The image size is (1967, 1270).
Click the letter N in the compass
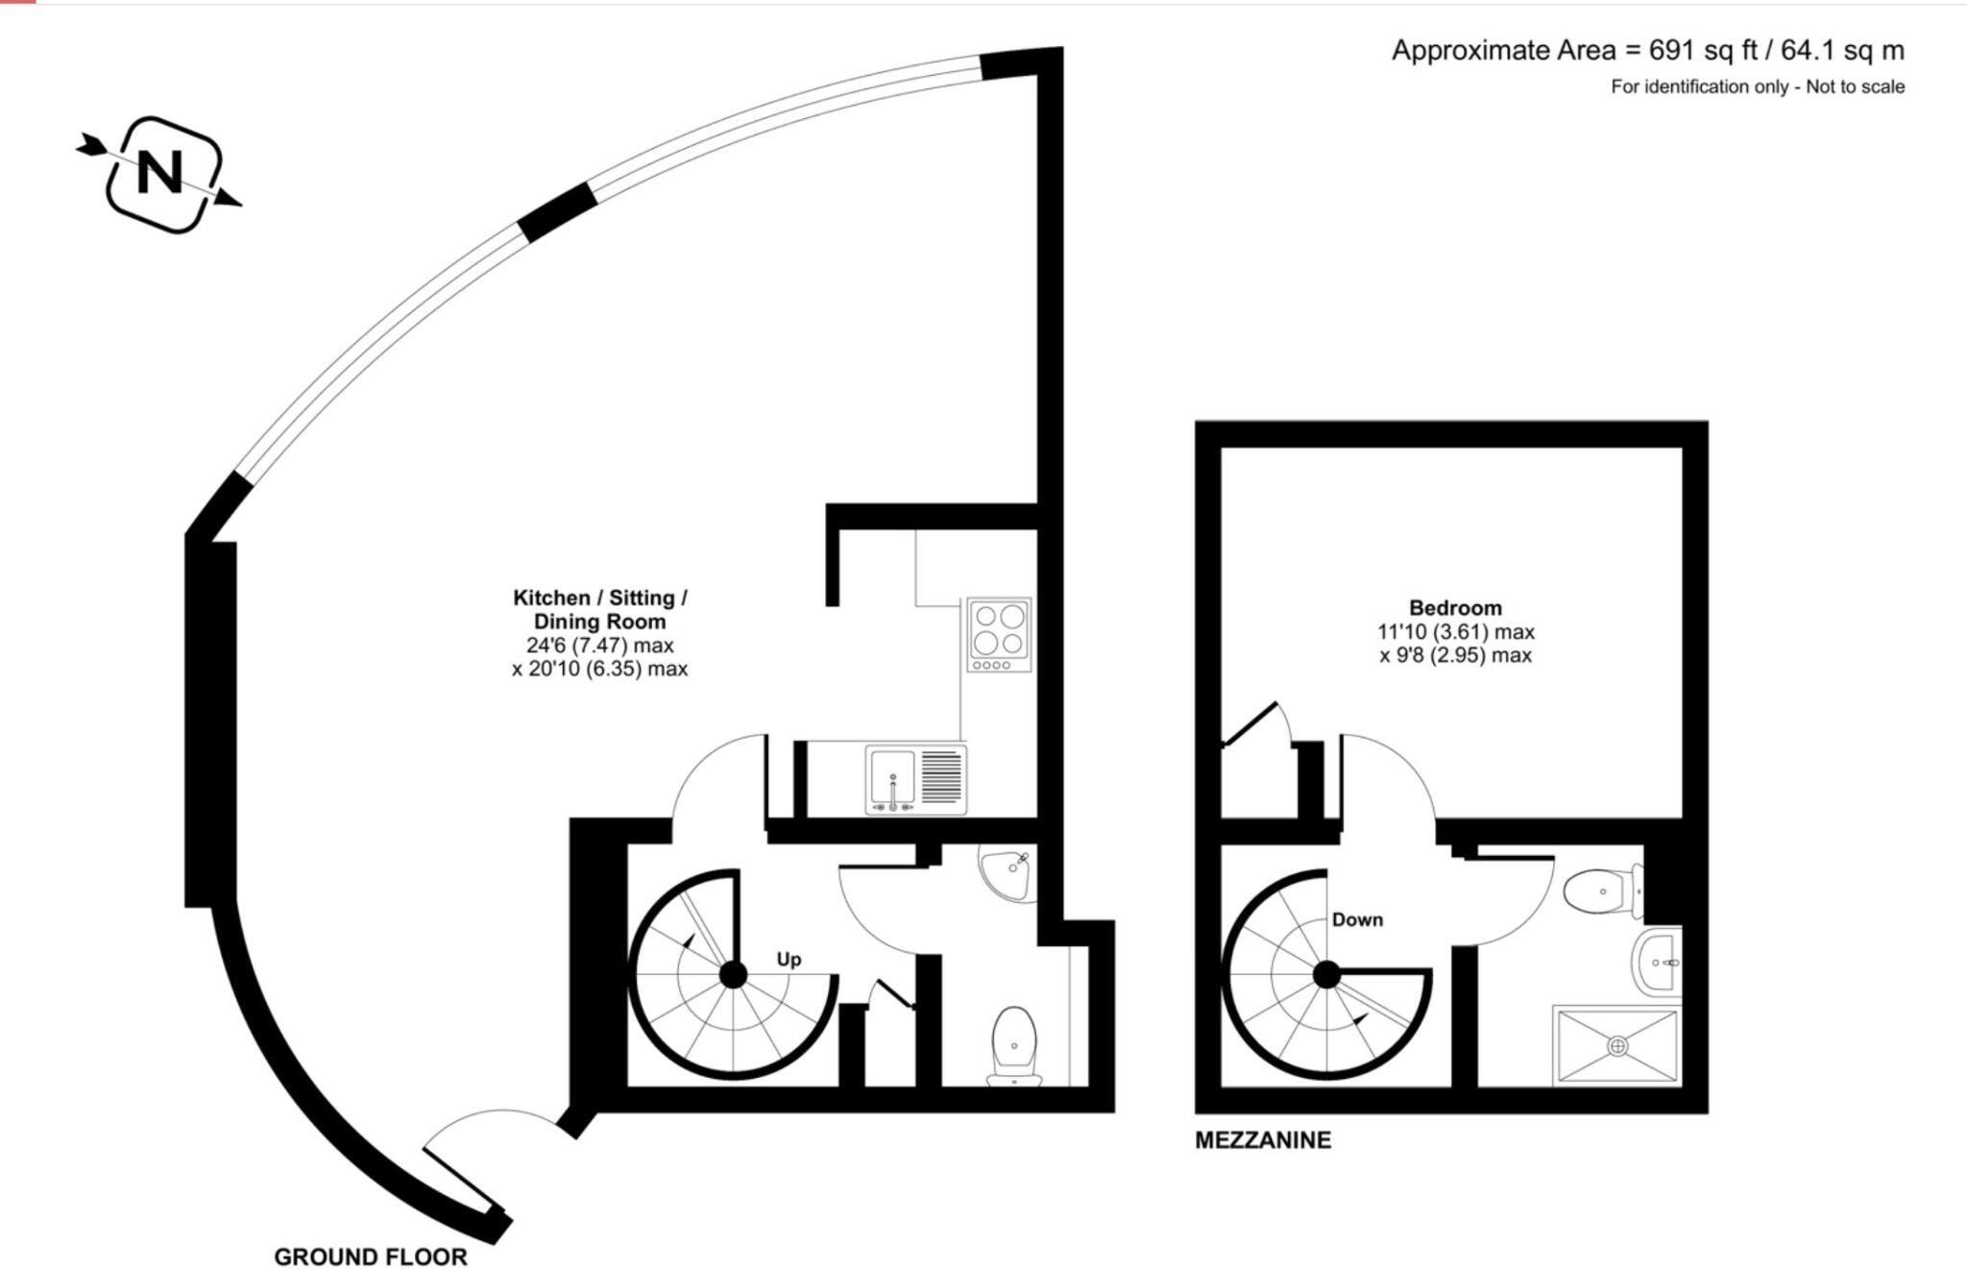(x=159, y=173)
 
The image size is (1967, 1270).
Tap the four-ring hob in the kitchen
(x=1000, y=634)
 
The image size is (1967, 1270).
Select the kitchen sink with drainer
(x=915, y=779)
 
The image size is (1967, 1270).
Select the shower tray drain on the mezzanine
(x=1617, y=1044)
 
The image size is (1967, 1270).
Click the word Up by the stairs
(x=789, y=960)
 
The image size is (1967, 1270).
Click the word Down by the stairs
(x=1357, y=919)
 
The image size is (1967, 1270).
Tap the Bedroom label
(x=1455, y=608)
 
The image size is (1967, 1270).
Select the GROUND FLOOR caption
(x=371, y=1257)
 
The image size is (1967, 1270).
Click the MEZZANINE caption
(x=1263, y=1140)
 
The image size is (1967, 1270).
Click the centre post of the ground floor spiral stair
(x=734, y=975)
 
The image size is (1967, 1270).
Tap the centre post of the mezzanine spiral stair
(x=1326, y=975)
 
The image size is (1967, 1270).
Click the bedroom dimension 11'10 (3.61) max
(x=1455, y=632)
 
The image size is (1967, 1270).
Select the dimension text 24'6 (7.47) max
(x=599, y=645)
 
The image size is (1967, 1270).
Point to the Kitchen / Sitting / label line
(x=599, y=598)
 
